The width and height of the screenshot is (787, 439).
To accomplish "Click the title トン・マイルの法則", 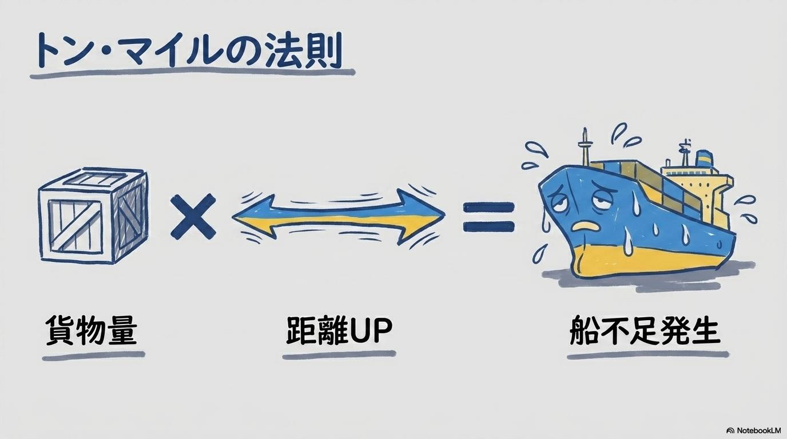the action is (190, 51).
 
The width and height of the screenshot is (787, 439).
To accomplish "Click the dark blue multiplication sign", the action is (193, 216).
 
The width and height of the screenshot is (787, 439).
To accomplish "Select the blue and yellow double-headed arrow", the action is (338, 215).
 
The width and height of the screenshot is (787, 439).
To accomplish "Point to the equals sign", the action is (488, 217).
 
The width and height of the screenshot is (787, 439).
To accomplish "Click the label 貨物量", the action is (92, 330).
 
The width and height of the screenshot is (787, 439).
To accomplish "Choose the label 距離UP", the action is (339, 330).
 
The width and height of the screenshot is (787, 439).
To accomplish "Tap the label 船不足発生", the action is (645, 330).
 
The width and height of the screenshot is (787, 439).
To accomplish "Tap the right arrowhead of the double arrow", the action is (422, 215).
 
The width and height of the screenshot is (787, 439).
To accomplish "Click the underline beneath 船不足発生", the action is (648, 355).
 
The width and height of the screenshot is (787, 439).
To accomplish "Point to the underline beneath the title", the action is (193, 73).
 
